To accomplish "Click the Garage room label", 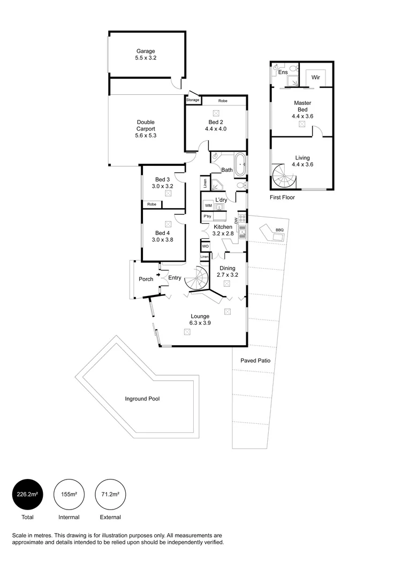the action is [x=146, y=51].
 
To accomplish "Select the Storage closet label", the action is [x=193, y=100].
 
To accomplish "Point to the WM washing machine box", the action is [x=208, y=206].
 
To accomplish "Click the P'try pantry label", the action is [x=207, y=216].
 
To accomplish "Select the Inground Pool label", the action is [x=142, y=399].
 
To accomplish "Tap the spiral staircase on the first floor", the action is [x=284, y=176].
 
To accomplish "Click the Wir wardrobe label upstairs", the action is [x=316, y=78].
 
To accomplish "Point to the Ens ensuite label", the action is [x=283, y=72].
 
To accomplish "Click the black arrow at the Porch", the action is [x=158, y=275].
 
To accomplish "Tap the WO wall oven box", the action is [x=205, y=246].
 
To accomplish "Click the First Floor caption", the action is [x=282, y=197].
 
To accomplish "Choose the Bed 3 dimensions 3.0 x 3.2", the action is [x=162, y=186].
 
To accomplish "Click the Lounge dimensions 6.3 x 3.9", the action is [x=200, y=323].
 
